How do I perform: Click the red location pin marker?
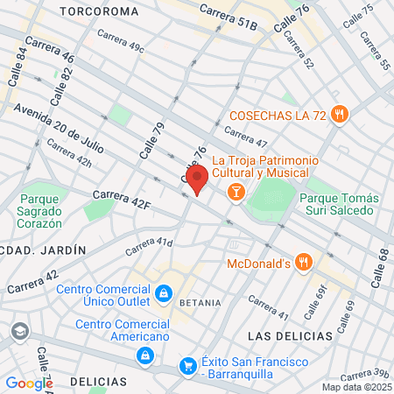[197, 178]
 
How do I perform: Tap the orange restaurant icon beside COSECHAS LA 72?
[341, 115]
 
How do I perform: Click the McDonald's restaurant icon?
[303, 262]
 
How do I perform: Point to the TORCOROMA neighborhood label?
[99, 11]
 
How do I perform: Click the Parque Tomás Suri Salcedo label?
[336, 204]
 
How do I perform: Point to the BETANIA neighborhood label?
[194, 302]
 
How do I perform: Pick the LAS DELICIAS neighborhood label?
[290, 336]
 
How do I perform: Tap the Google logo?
[29, 383]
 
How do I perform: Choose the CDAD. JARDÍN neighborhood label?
[44, 250]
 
